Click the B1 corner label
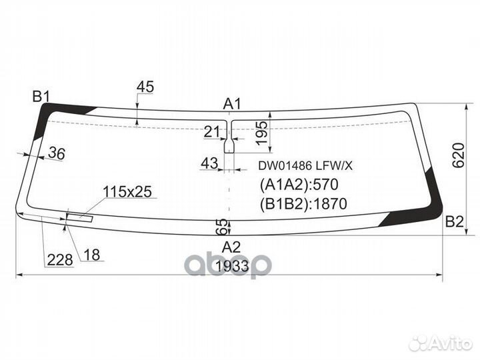tap(41, 97)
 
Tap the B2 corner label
tap(454, 222)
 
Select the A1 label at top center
tap(231, 104)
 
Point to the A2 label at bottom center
tap(231, 247)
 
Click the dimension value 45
tap(145, 87)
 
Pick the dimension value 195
tap(262, 133)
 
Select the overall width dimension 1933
tap(231, 267)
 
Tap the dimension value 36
tap(57, 154)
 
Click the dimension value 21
tap(212, 132)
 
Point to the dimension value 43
tap(209, 163)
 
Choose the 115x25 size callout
tap(127, 192)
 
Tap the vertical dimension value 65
tap(223, 227)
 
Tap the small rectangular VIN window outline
tap(79, 215)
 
